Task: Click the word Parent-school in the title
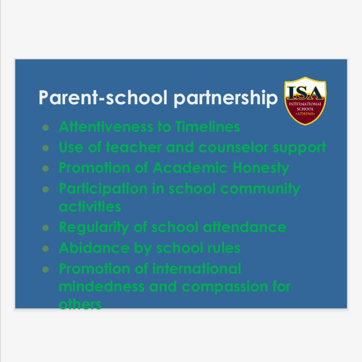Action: [x=103, y=97]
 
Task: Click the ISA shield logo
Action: [x=305, y=101]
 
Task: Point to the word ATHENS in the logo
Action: [x=305, y=114]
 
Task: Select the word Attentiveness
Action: [x=106, y=127]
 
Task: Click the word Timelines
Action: [x=207, y=127]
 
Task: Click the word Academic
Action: [x=190, y=168]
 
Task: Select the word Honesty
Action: [x=261, y=168]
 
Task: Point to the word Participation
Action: [x=103, y=189]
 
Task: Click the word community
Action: [x=260, y=189]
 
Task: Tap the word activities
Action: [x=90, y=207]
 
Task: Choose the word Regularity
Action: [x=94, y=228]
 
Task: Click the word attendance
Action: [x=245, y=227]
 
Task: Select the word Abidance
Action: [x=94, y=248]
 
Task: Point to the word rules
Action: [x=224, y=248]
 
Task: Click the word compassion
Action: [x=225, y=287]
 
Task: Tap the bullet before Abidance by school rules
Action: [x=46, y=249]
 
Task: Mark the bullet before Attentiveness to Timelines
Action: [x=46, y=127]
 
